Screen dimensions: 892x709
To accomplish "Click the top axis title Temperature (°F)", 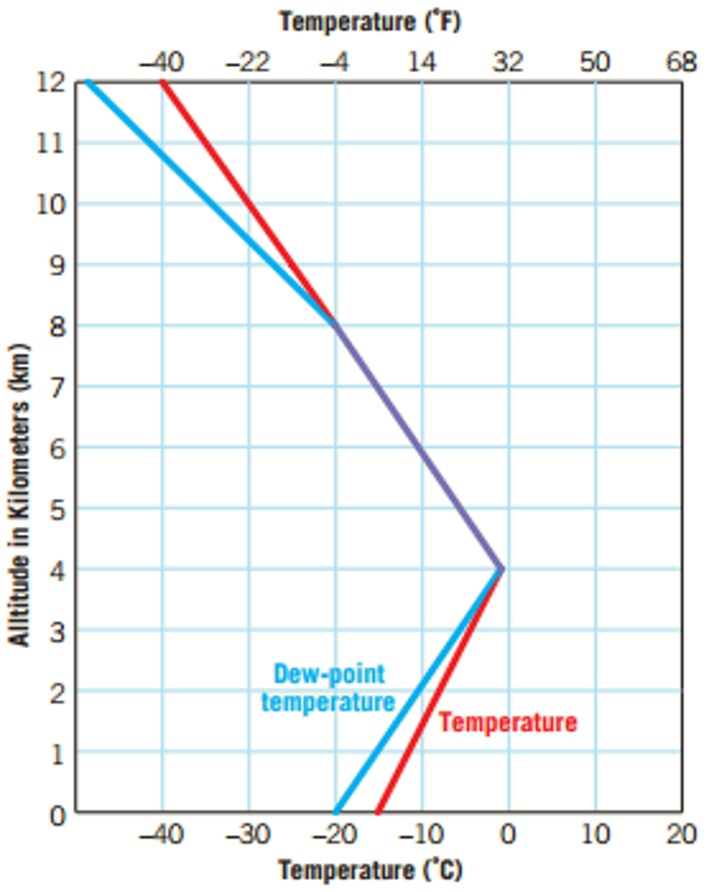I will point(370,22).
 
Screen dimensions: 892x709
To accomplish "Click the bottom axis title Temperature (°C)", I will point(370,871).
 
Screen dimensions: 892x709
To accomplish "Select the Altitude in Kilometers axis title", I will point(19,495).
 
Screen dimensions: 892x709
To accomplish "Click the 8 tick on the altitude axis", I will point(57,327).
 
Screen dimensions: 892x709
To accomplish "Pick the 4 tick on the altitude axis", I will point(57,571).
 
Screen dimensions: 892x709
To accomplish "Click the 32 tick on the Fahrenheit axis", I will point(507,62).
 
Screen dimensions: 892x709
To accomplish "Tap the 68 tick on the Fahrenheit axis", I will point(681,62).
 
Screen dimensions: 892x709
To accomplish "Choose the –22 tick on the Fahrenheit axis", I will point(248,62).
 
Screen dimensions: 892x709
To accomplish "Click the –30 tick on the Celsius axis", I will point(248,834).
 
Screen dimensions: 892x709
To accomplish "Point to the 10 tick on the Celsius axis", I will point(595,834).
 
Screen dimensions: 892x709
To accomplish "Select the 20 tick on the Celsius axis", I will point(681,834).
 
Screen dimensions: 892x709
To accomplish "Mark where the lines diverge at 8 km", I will point(335,325).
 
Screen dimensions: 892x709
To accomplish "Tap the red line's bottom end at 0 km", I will point(378,812).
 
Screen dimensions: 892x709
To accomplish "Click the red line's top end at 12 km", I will point(162,82).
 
